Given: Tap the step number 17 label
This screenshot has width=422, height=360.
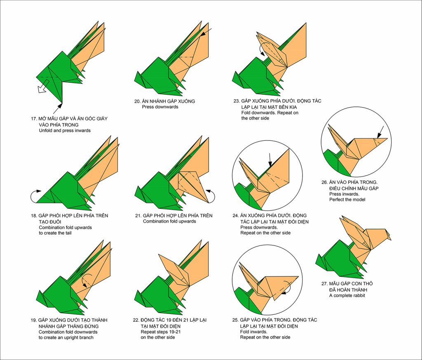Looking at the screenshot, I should (x=34, y=119).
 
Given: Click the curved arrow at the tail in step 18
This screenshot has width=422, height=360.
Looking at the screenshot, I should (x=35, y=197).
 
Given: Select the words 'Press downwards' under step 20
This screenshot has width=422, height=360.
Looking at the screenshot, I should (x=160, y=107).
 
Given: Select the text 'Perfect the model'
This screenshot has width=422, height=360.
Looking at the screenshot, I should (x=347, y=200).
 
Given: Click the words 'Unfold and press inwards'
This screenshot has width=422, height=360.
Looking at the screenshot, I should (x=65, y=131).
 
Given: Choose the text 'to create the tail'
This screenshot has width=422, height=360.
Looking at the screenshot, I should (x=58, y=233).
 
